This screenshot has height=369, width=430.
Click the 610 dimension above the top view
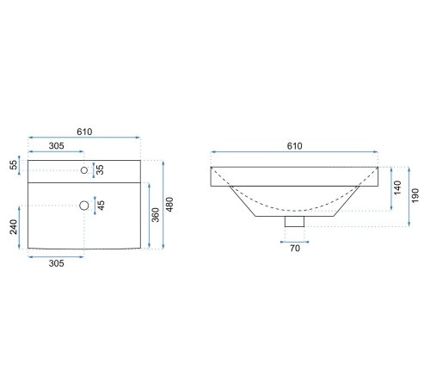click(x=84, y=132)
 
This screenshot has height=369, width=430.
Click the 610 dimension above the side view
click(x=295, y=146)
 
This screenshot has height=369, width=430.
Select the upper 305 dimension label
click(x=57, y=146)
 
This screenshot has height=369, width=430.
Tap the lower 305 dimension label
click(x=57, y=263)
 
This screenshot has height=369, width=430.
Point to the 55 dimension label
click(x=14, y=165)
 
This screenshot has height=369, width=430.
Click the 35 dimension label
click(x=100, y=169)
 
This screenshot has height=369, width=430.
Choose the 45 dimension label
click(x=101, y=206)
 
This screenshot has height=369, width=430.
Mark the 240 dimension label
click(x=14, y=227)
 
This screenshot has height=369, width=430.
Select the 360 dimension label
click(x=156, y=215)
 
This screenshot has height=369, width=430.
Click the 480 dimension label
click(x=169, y=205)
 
